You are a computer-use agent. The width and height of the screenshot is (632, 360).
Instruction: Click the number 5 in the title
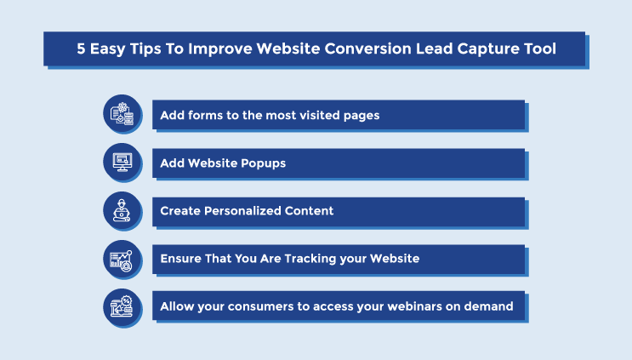[81, 49]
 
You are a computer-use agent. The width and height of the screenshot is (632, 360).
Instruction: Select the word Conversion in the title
[368, 49]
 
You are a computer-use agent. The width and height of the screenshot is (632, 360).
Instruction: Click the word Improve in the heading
[220, 49]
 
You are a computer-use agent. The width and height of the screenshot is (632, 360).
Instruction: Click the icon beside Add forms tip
[122, 114]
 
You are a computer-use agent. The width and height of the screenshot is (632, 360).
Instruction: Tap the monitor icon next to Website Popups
[122, 163]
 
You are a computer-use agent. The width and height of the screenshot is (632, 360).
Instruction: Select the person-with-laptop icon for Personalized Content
[122, 210]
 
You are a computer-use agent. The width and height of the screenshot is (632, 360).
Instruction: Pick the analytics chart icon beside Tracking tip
[122, 260]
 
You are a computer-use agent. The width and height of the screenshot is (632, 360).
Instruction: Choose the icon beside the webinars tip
[122, 307]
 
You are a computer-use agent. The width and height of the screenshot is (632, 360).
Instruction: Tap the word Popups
[263, 163]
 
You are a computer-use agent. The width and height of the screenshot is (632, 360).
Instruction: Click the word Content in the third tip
[309, 211]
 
